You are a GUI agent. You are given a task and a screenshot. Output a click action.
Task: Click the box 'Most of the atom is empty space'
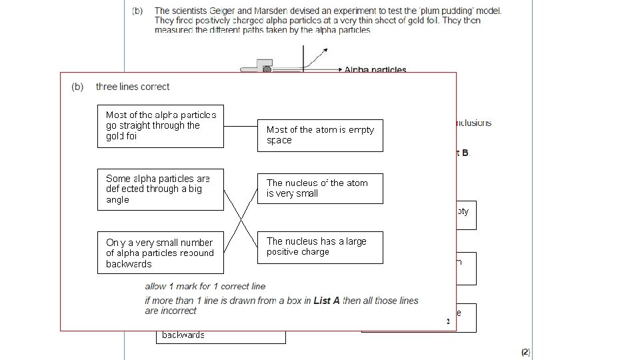[x=320, y=135]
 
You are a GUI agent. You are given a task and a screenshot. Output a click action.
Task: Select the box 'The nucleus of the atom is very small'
[x=320, y=189]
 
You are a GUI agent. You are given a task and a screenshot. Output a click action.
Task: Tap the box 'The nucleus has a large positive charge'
[x=320, y=247]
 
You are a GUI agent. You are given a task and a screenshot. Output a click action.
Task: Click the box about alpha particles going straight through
[x=160, y=125]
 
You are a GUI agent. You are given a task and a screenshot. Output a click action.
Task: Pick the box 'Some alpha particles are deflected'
[x=160, y=189]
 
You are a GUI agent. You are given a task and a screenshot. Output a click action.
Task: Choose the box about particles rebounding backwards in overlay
[x=160, y=253]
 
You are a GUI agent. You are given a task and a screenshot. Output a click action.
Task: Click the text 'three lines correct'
[x=133, y=87]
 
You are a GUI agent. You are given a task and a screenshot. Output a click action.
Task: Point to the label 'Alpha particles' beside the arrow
[x=375, y=70]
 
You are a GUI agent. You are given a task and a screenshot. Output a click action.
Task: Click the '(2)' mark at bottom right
[x=525, y=351]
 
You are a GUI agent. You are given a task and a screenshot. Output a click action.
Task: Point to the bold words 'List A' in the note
[x=327, y=301]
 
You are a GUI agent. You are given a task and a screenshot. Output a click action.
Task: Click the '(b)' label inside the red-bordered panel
[x=77, y=87]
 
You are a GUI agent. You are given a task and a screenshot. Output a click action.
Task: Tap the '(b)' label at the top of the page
[x=137, y=11]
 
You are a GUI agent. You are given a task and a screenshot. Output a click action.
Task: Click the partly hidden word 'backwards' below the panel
[x=183, y=335]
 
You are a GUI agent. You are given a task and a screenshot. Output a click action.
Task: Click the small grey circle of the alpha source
[x=267, y=69]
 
